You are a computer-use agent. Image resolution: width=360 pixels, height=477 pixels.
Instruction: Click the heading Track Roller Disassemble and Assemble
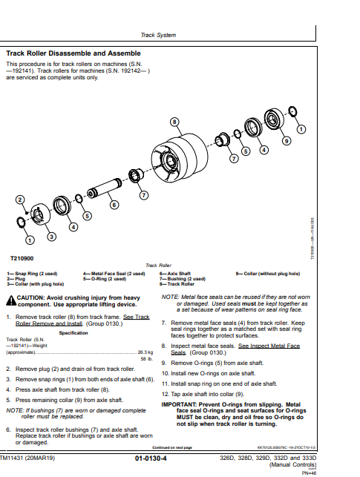[x=73, y=53]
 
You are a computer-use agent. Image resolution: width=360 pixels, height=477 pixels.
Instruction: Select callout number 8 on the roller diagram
[x=174, y=121]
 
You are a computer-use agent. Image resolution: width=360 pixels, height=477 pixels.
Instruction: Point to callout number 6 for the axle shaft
[x=114, y=204]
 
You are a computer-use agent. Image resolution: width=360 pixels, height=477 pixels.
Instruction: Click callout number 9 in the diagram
[x=287, y=140]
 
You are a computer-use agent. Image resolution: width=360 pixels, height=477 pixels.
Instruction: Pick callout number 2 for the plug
[x=20, y=200]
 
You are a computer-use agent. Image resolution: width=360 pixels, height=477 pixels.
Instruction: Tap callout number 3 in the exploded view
[x=50, y=237]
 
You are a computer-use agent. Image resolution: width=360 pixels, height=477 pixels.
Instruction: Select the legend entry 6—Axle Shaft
[x=174, y=273]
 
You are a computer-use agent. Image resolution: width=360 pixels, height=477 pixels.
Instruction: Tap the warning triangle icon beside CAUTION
[x=10, y=300]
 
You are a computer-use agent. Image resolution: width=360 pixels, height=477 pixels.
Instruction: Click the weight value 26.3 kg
[x=145, y=352]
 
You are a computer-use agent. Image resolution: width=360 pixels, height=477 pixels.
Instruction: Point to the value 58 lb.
[x=146, y=358]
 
